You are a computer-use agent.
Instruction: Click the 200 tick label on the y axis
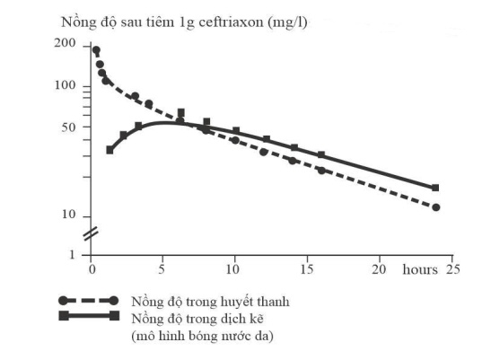tap(65, 43)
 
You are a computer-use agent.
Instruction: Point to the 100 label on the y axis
tap(66, 85)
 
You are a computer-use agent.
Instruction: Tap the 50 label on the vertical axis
tap(69, 127)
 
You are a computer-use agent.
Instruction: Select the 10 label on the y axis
tap(69, 215)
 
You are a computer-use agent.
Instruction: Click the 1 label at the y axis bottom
tap(73, 254)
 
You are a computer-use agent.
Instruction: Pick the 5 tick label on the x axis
tap(162, 269)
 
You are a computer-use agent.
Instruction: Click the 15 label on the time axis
tap(307, 269)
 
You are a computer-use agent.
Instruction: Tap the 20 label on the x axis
tap(379, 269)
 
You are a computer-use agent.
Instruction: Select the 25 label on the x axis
tap(452, 269)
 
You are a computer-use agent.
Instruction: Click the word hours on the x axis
tap(420, 269)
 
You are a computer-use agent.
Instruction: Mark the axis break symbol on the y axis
tap(92, 233)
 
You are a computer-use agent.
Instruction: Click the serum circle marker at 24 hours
tap(435, 207)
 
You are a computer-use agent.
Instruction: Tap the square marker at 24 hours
tap(435, 188)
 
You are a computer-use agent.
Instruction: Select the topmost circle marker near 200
tap(96, 49)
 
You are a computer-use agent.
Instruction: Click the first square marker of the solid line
tap(110, 150)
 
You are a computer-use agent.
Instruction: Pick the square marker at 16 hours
tap(321, 154)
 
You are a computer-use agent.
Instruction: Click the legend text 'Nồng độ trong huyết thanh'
tap(210, 302)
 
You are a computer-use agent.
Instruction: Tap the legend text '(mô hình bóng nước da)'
tap(202, 336)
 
